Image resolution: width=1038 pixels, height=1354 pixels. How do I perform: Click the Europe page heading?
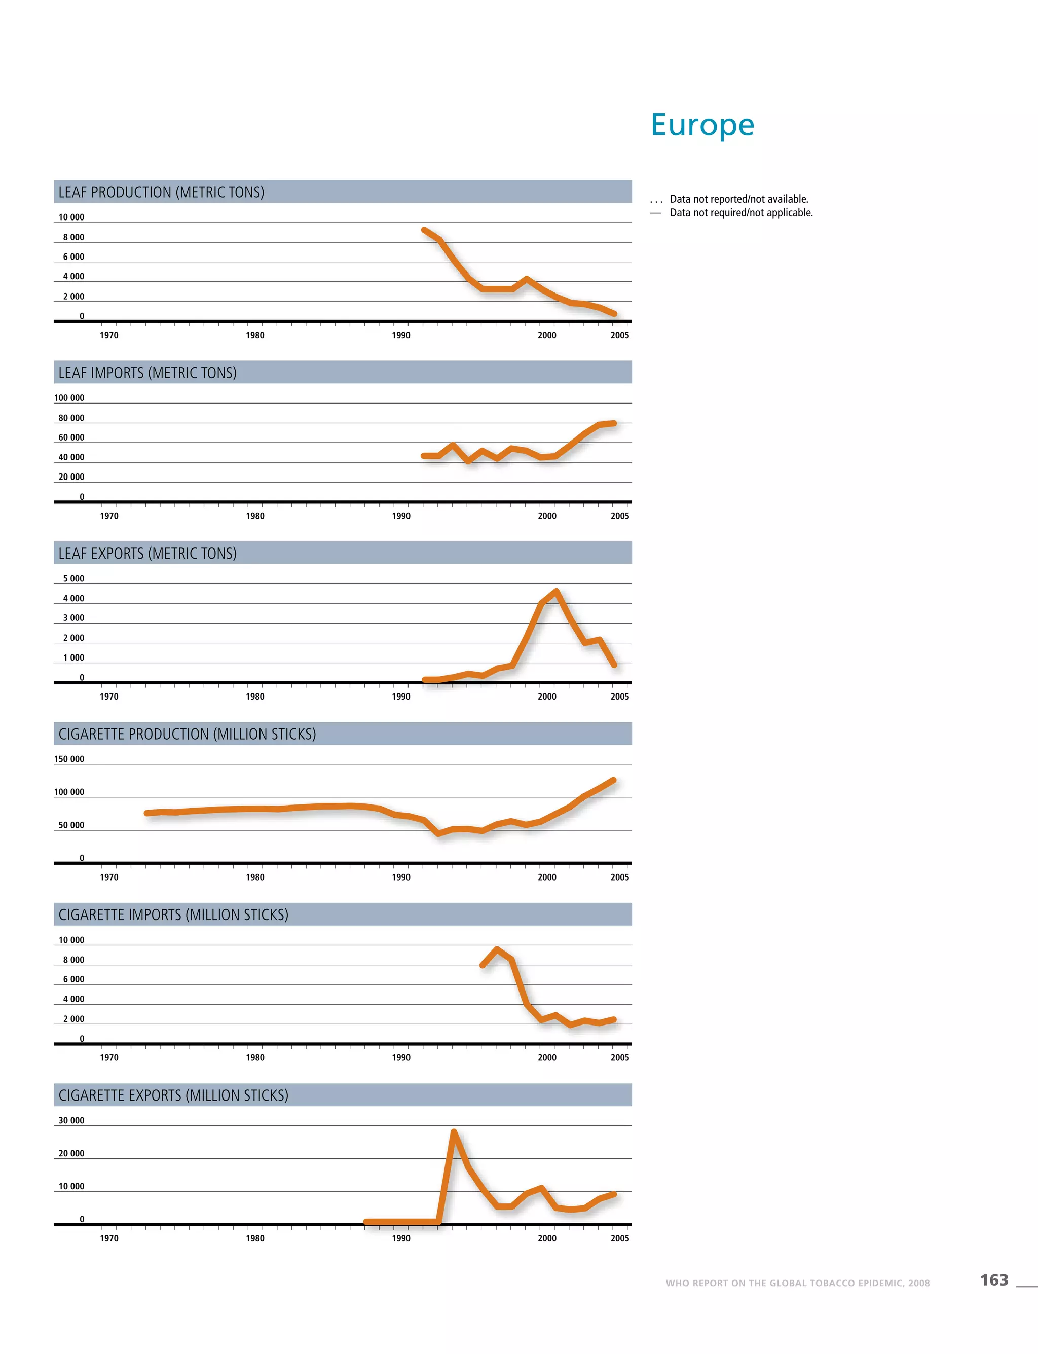pos(702,125)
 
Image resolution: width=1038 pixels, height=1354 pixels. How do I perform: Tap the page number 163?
pos(993,1280)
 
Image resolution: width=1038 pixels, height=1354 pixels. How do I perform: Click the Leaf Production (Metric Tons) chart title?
pos(161,192)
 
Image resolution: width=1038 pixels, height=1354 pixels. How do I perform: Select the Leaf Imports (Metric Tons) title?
pos(147,373)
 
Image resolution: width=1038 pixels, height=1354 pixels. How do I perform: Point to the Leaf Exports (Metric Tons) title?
pos(147,553)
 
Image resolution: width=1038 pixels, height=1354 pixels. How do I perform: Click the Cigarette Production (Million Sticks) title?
pos(187,734)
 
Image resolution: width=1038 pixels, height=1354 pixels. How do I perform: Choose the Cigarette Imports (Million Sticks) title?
pos(174,914)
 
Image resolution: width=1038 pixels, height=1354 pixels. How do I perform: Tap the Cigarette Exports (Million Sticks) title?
pos(174,1095)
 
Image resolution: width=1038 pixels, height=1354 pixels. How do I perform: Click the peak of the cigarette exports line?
pos(454,1132)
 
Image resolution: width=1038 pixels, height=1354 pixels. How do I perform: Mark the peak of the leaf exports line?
pos(556,592)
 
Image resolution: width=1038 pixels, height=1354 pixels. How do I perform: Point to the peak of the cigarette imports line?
pos(497,949)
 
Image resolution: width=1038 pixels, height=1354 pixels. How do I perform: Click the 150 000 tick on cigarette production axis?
pos(69,759)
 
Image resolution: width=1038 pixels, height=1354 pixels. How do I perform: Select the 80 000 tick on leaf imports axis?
pos(71,418)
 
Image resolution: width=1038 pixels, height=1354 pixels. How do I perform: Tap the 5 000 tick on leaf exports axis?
pos(73,578)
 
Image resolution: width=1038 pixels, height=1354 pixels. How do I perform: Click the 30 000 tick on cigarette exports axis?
pos(71,1120)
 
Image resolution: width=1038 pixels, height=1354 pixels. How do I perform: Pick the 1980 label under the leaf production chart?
pos(255,335)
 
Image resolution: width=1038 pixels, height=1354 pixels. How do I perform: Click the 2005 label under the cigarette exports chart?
pos(620,1238)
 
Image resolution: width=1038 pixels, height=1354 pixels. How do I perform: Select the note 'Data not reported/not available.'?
pos(739,199)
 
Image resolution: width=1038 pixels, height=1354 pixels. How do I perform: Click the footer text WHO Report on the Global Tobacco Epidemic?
pos(797,1283)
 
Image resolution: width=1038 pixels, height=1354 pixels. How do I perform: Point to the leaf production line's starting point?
pos(424,230)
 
